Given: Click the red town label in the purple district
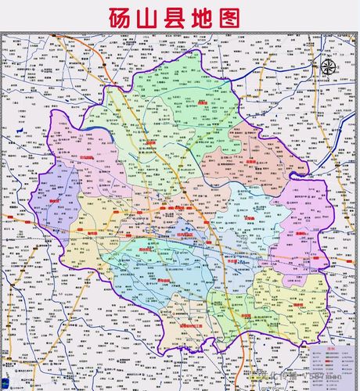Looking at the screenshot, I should (x=54, y=200).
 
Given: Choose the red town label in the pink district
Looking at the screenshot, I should (x=86, y=157).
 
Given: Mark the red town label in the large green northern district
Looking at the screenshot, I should (x=202, y=102).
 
